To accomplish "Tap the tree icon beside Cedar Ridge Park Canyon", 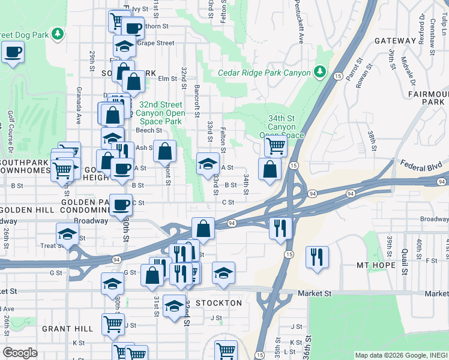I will point(321,73).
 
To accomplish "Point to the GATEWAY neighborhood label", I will point(395,41).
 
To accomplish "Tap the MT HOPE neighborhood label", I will point(424,265).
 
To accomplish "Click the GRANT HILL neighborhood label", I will point(67,329).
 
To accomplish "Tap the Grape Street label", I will point(155,43).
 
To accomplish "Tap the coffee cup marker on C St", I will point(121,205).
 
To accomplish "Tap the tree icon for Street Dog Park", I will point(58,34).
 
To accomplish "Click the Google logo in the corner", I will point(20,353).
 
